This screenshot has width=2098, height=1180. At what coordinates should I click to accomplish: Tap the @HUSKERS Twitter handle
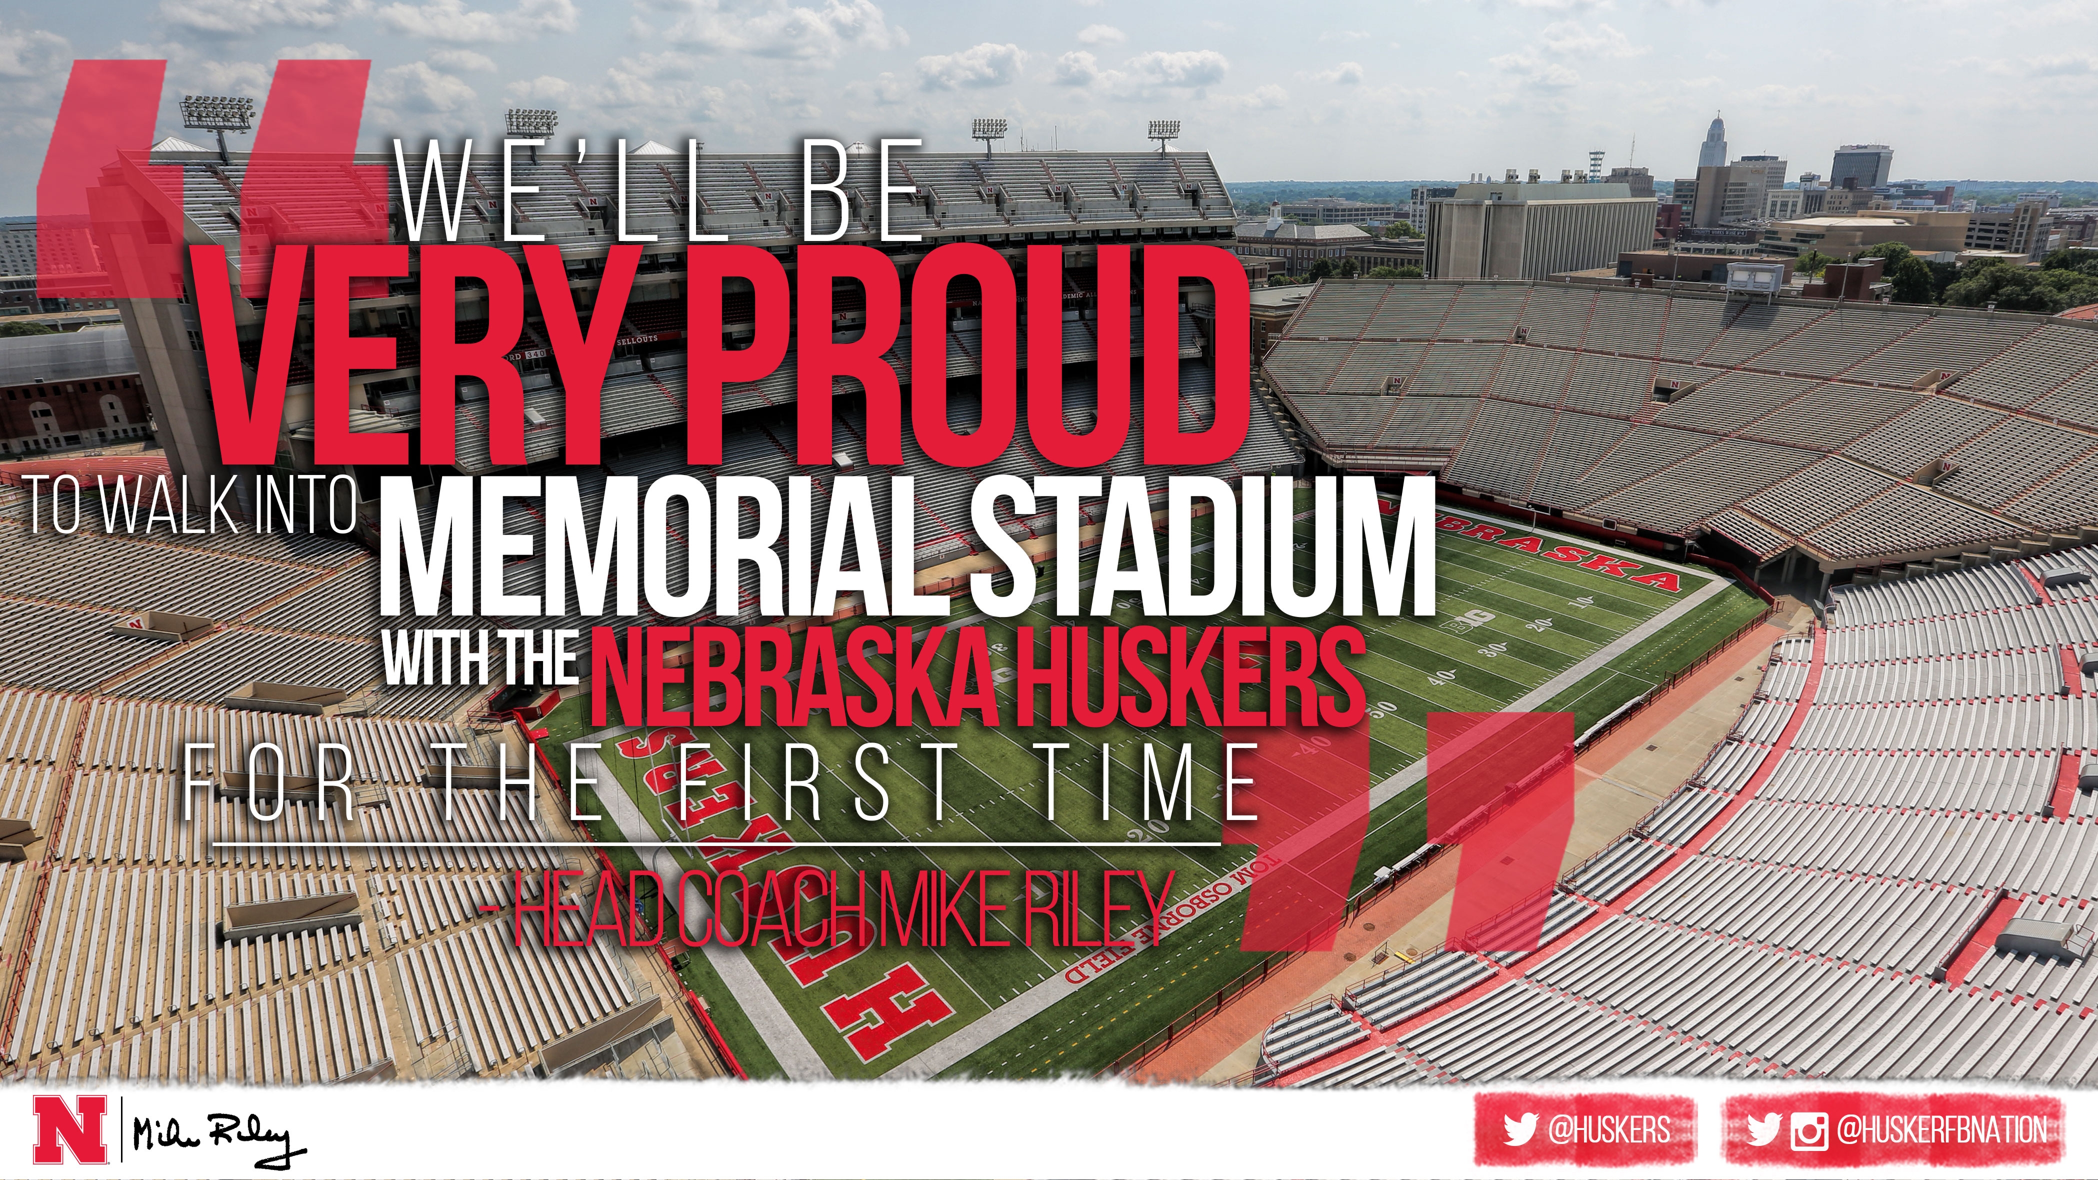pos(1608,1130)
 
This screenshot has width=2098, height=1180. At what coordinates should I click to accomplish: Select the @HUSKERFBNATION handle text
pos(1942,1130)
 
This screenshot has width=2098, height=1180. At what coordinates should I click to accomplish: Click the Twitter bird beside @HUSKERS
pos(1519,1130)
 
